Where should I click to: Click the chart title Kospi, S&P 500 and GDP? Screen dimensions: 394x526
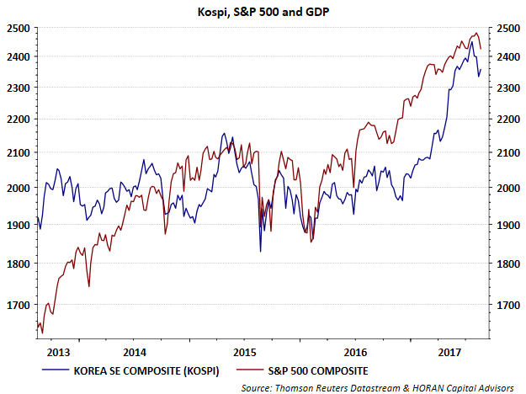(x=263, y=11)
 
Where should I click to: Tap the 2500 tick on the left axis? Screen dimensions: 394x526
(x=19, y=29)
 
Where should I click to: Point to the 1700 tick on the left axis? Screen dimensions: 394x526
(x=19, y=306)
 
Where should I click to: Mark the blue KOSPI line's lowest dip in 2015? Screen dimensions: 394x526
(x=260, y=251)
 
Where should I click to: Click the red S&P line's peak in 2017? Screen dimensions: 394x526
(x=476, y=34)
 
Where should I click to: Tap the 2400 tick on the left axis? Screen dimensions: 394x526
(x=19, y=56)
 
